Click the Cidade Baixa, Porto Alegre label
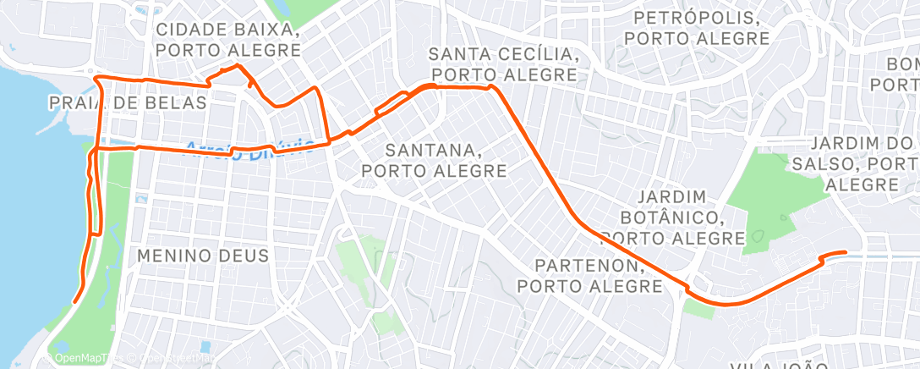[x=228, y=39]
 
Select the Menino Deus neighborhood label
[x=202, y=255]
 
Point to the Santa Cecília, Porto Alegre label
[x=503, y=64]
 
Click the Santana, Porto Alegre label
[x=435, y=160]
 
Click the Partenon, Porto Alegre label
[x=590, y=276]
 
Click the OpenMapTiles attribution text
[x=80, y=358]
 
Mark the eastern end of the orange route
[x=846, y=252]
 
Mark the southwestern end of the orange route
[x=75, y=300]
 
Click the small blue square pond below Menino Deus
[x=205, y=347]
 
